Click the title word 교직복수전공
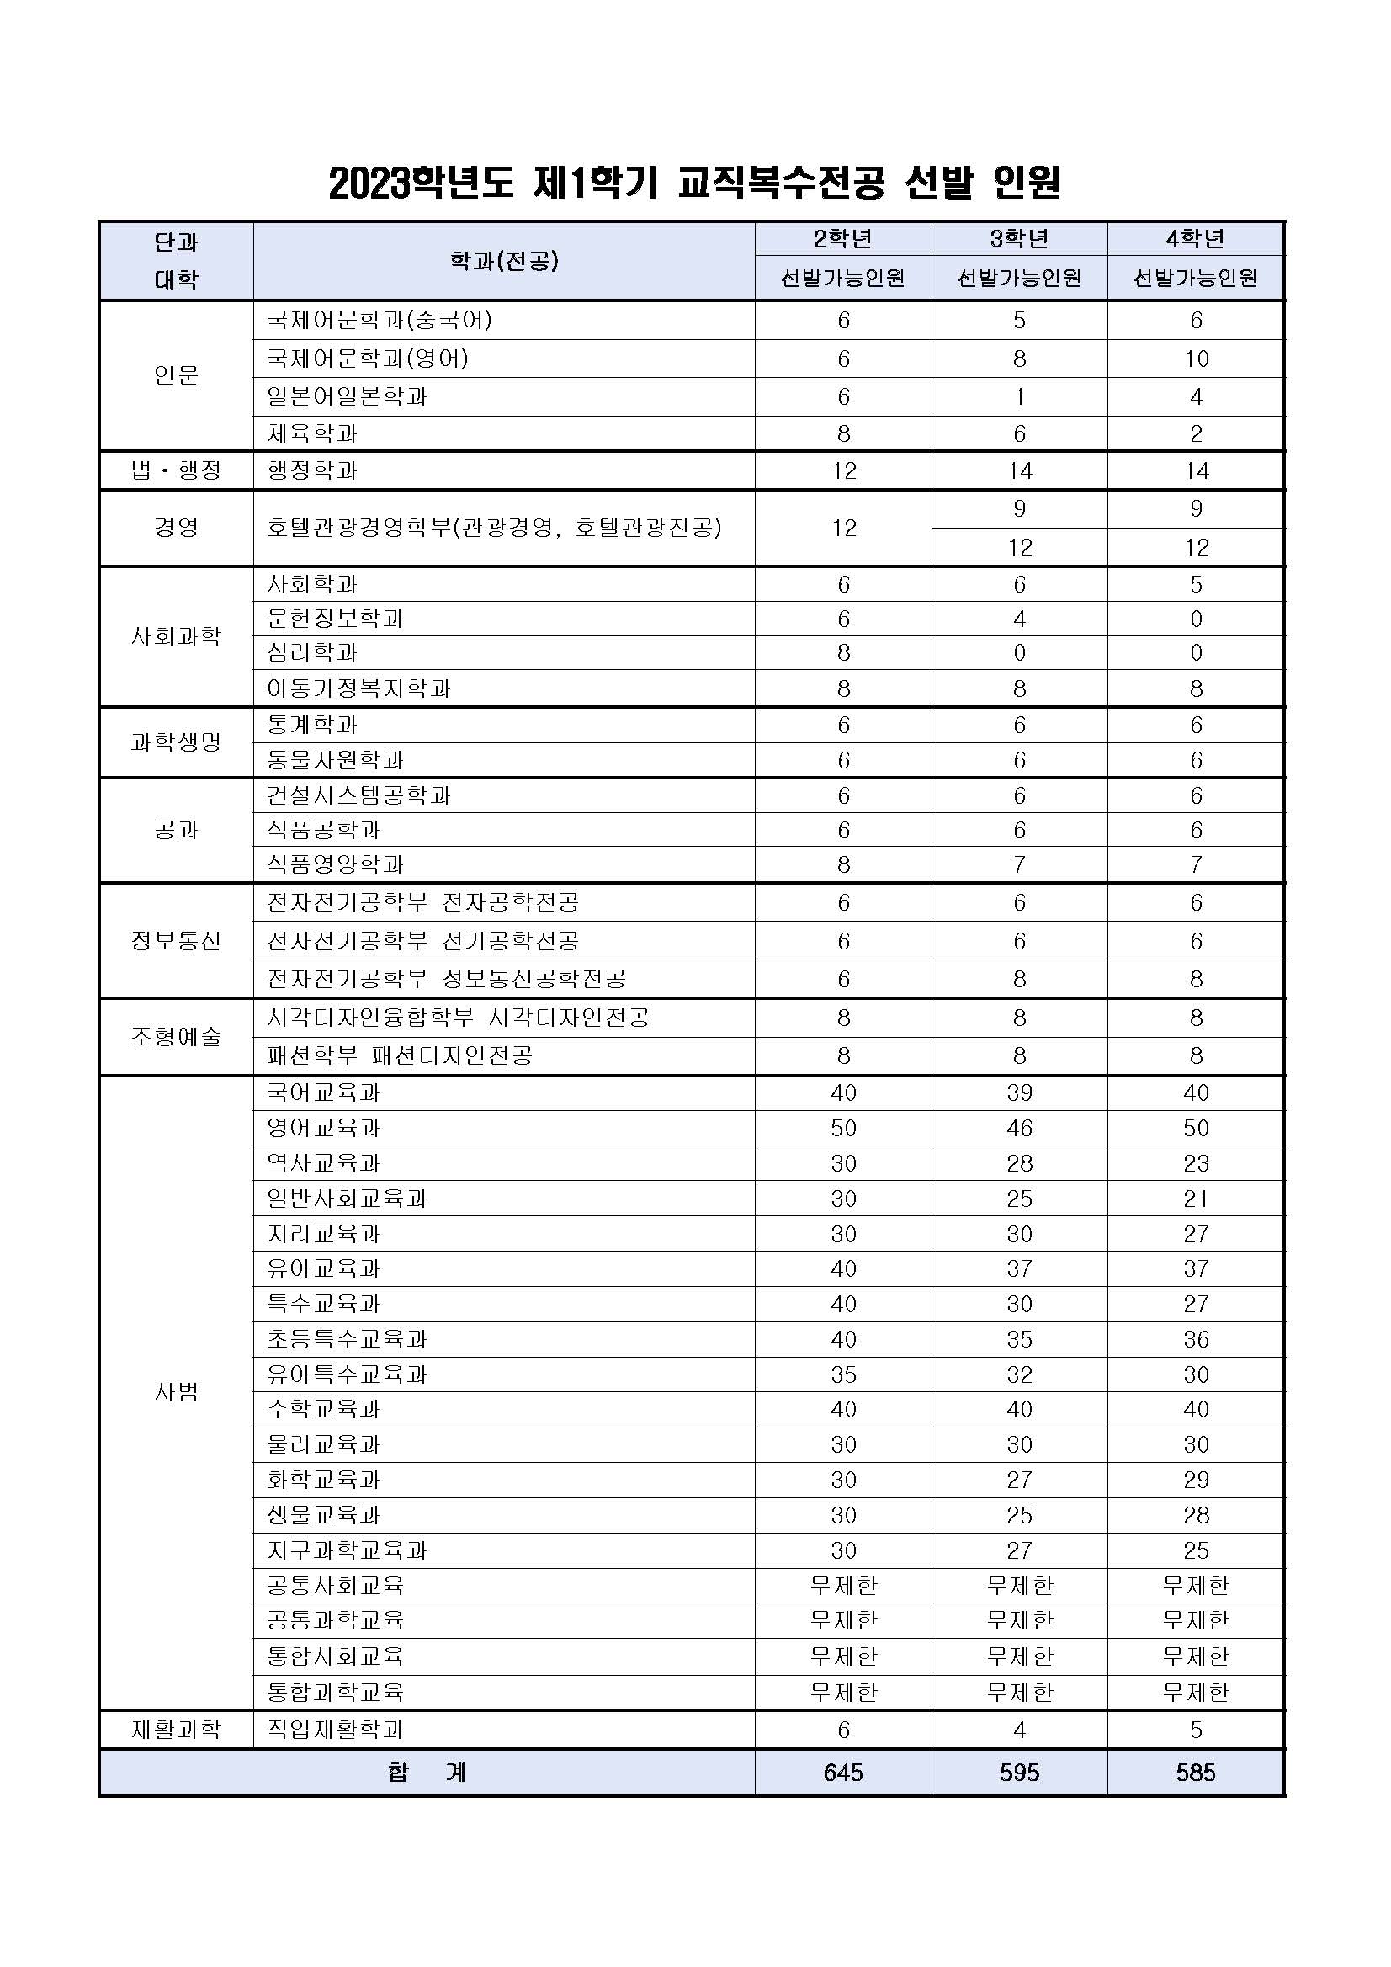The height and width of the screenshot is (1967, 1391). (x=779, y=183)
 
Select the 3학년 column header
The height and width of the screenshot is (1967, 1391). (x=1019, y=238)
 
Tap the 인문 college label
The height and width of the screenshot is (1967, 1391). (x=177, y=375)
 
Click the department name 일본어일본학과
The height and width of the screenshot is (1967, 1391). (x=347, y=396)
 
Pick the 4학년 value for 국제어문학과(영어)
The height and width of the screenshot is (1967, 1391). (x=1196, y=359)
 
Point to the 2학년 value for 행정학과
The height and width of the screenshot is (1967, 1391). (x=844, y=470)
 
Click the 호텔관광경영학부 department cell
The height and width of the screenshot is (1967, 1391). (x=494, y=528)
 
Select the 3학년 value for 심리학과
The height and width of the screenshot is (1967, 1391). (x=1019, y=653)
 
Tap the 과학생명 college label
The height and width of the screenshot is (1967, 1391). (x=177, y=742)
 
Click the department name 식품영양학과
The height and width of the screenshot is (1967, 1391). (x=335, y=864)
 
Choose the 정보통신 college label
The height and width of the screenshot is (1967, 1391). (x=177, y=941)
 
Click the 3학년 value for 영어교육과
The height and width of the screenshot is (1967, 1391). (x=1019, y=1129)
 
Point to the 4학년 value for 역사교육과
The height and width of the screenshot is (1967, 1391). (x=1196, y=1163)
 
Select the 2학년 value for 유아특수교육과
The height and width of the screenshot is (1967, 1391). (x=844, y=1374)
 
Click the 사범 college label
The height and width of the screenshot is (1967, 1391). (x=177, y=1392)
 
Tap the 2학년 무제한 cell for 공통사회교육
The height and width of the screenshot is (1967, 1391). (x=844, y=1586)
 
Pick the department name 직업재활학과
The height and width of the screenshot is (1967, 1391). (x=335, y=1730)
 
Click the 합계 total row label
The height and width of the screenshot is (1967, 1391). (x=427, y=1772)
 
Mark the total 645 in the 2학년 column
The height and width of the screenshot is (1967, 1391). (x=844, y=1772)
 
